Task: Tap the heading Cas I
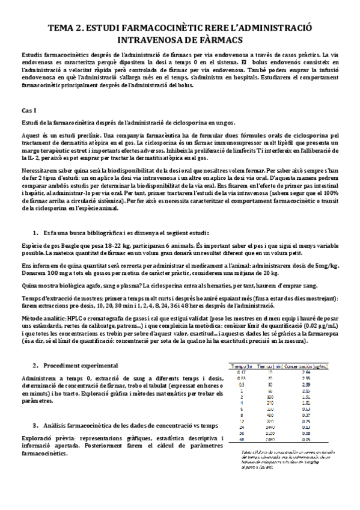click(x=29, y=111)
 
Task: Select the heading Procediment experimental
click(x=81, y=366)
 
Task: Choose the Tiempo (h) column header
click(x=241, y=366)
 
